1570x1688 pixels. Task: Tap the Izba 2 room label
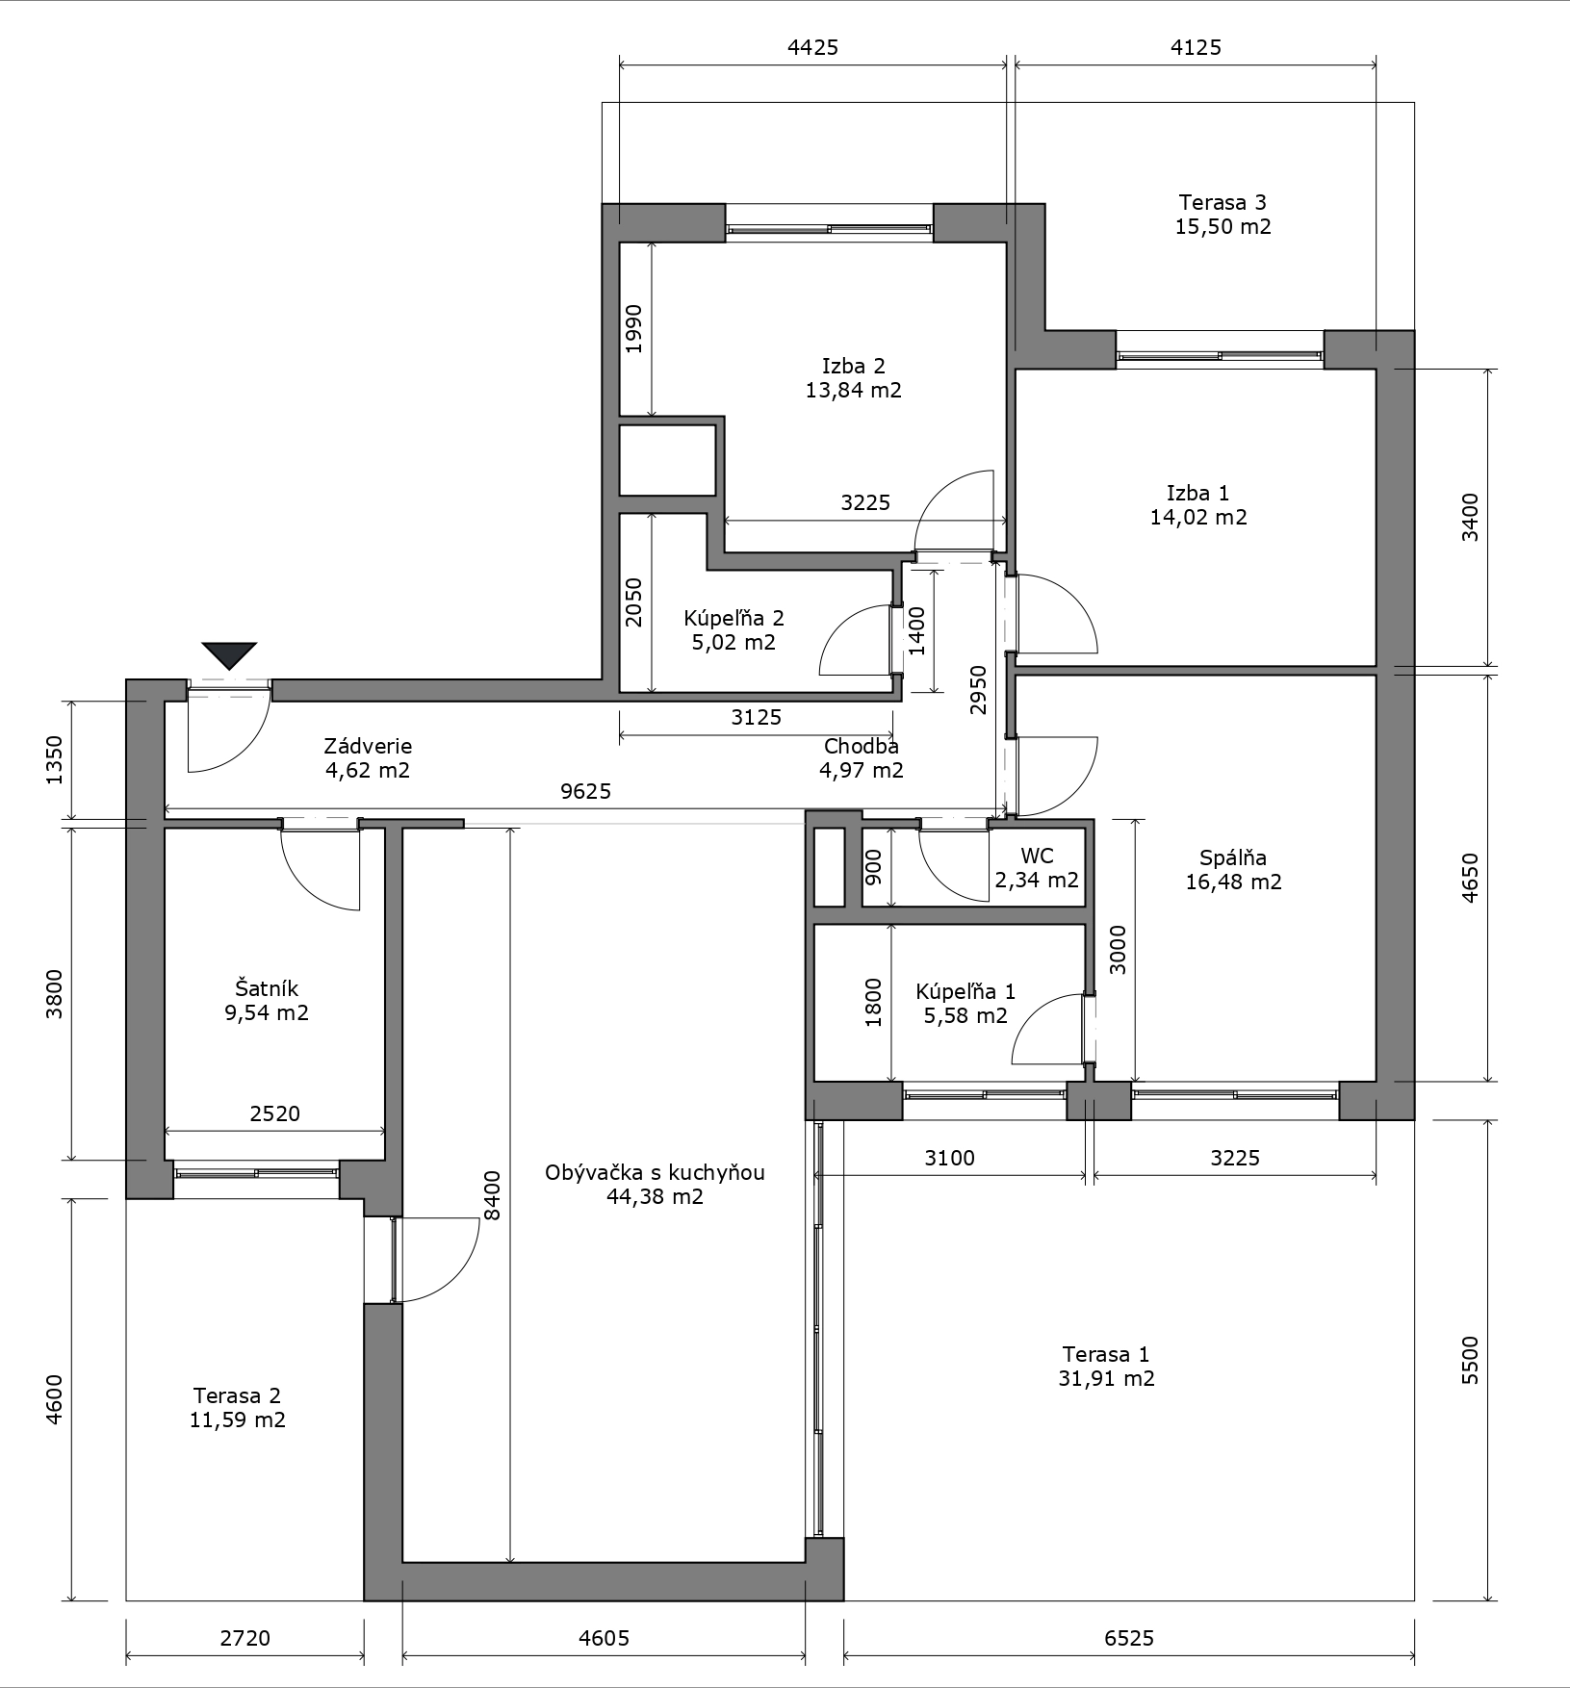click(854, 366)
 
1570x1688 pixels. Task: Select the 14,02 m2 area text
click(1198, 517)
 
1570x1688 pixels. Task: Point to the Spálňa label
click(1233, 857)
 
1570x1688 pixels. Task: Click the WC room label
click(1038, 856)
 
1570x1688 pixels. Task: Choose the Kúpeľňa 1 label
click(965, 991)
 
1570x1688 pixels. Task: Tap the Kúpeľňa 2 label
click(734, 618)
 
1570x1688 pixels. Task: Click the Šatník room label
click(267, 988)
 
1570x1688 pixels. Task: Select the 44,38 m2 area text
click(655, 1197)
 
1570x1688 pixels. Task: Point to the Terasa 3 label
click(1223, 202)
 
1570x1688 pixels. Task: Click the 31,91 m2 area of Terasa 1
click(1106, 1378)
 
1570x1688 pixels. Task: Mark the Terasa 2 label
click(237, 1395)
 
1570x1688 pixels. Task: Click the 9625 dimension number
click(586, 792)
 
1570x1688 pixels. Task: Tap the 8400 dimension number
click(493, 1195)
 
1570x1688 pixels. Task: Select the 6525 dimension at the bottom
click(1128, 1638)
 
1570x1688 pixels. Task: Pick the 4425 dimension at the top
click(813, 46)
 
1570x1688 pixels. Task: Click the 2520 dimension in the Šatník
click(275, 1113)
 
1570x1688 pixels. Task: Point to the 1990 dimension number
click(633, 329)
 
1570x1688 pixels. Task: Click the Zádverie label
click(368, 746)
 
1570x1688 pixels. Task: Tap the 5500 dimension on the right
click(1470, 1360)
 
